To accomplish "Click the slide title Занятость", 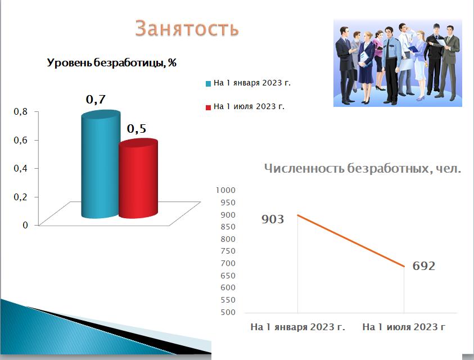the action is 187,28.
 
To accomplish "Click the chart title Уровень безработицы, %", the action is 111,62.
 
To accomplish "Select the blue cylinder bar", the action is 101,164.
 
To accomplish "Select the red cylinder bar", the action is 138,178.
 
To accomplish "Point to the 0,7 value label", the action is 96,99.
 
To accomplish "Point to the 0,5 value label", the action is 136,129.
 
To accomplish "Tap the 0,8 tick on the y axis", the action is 21,111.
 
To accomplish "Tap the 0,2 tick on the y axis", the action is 21,197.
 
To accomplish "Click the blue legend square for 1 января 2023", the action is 208,84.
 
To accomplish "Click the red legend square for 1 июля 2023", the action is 208,107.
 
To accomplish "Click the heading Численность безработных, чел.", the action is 363,168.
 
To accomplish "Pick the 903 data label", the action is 273,219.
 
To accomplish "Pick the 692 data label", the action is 424,266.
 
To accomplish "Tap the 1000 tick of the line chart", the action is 225,190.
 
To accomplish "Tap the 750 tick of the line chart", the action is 228,251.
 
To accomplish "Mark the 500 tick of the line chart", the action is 228,312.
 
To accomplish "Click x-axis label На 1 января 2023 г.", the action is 298,327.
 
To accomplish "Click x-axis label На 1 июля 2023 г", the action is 404,327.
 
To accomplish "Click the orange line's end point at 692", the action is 404,267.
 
